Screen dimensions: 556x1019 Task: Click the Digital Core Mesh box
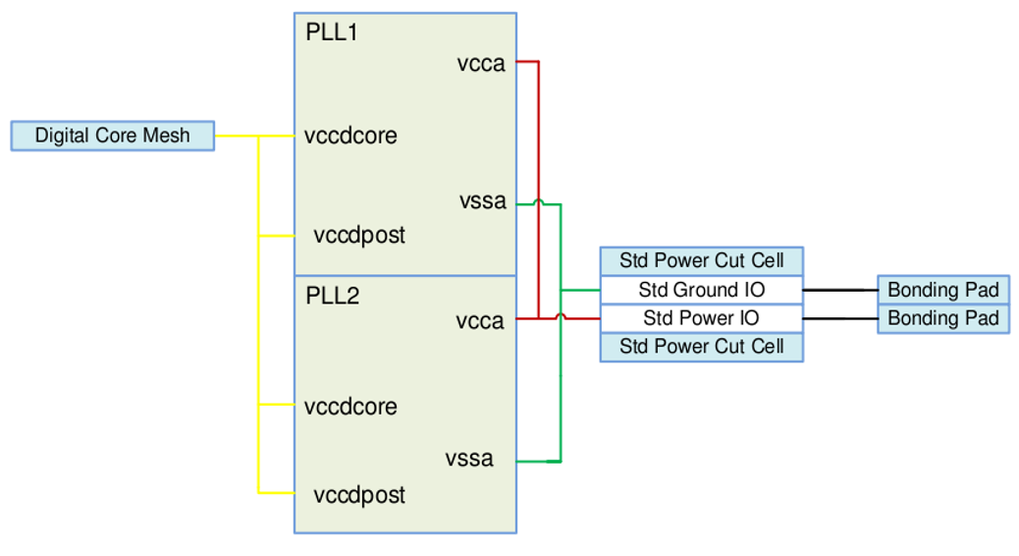point(113,136)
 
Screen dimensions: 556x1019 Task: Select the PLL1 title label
point(332,32)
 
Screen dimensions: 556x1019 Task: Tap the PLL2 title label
point(333,295)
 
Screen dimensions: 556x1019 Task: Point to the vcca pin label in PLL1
point(481,64)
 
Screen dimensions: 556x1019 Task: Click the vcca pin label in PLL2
point(480,321)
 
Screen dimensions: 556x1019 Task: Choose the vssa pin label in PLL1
point(483,201)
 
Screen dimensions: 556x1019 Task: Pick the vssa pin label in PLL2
point(469,459)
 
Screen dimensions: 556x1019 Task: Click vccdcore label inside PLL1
point(350,136)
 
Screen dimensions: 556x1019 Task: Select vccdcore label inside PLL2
point(350,407)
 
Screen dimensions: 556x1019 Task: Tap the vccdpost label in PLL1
point(359,236)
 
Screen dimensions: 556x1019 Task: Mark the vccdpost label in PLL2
point(359,495)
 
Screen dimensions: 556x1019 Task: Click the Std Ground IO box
point(701,290)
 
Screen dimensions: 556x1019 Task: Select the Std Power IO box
point(701,318)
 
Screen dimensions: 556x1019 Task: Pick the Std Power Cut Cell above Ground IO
point(701,261)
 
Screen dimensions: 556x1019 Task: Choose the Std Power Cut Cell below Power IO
point(701,347)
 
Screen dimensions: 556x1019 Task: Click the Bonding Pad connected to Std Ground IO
point(942,290)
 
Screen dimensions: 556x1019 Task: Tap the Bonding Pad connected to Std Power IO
point(942,318)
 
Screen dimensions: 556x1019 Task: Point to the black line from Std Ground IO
point(840,291)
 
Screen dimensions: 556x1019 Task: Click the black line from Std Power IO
point(840,319)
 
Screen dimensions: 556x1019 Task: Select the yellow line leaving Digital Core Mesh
point(236,136)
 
